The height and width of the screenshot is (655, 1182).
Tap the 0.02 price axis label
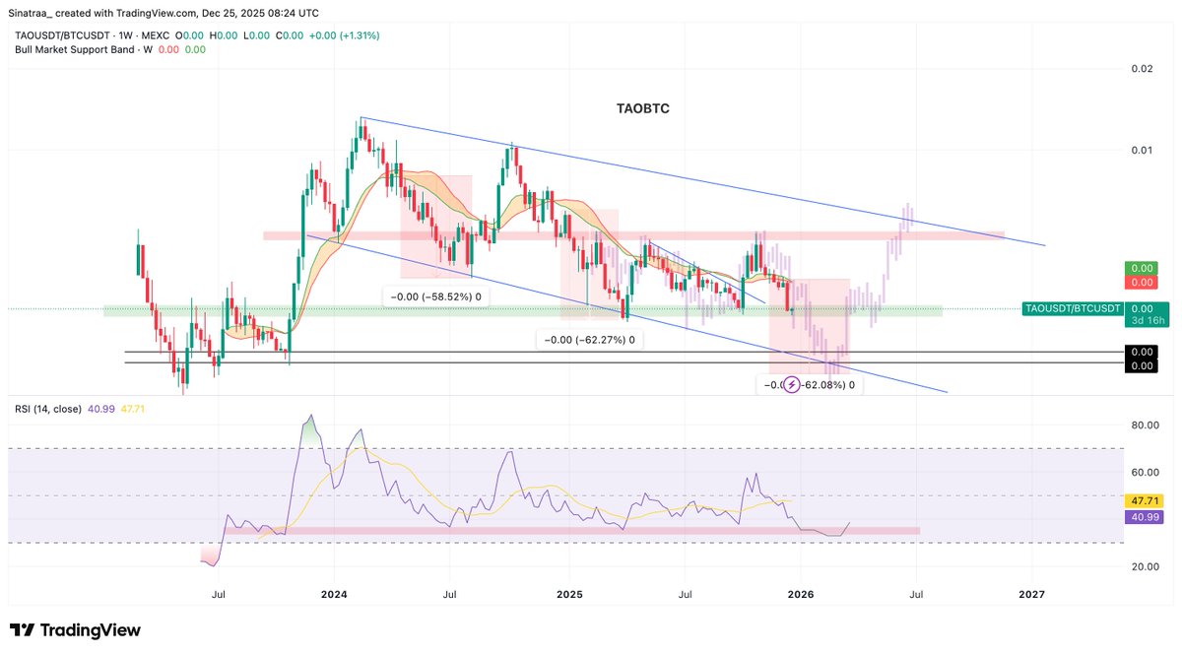1142,68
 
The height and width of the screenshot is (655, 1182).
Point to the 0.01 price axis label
1142,150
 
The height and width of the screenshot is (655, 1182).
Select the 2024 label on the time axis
334,594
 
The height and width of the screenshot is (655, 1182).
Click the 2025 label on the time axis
568,594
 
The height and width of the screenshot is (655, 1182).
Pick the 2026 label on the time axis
801,594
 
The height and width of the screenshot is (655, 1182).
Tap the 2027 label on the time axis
1031,594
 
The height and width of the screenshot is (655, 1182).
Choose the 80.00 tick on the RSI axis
1142,426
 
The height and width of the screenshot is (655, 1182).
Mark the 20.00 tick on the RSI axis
1142,566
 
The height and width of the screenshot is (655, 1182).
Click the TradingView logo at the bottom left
75,630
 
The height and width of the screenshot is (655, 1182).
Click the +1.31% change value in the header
361,35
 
